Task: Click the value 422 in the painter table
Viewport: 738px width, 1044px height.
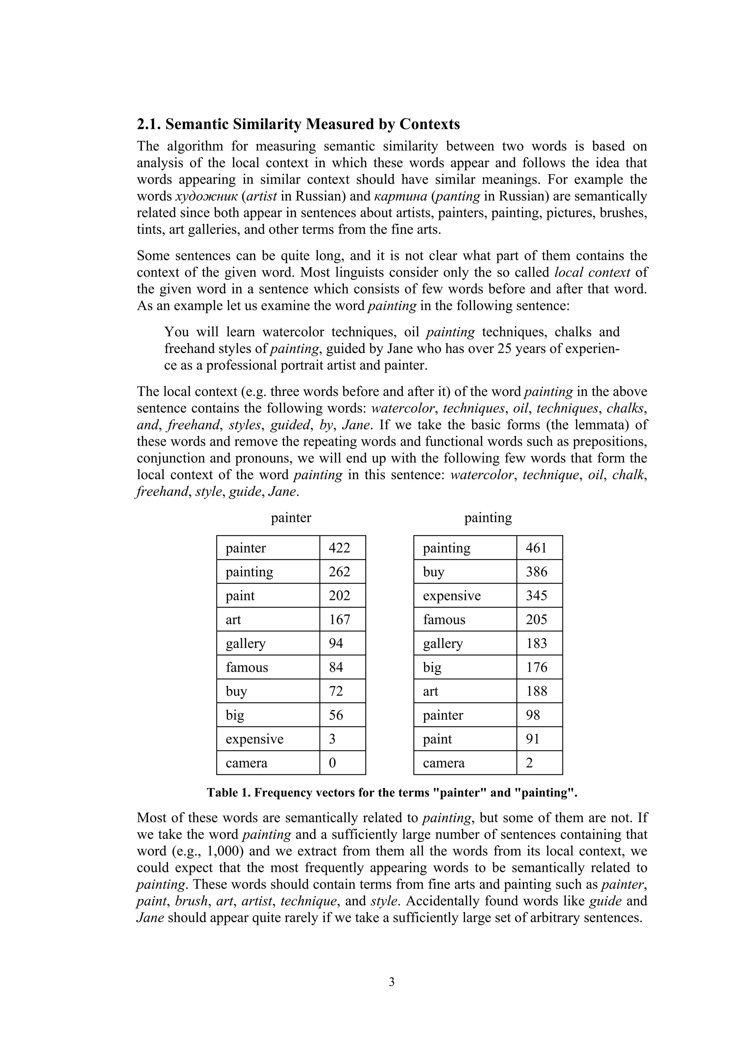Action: (x=339, y=548)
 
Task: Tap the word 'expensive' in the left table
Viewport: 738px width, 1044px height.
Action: (x=254, y=739)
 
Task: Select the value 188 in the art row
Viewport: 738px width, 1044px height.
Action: (x=536, y=691)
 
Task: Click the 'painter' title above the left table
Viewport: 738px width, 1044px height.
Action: (x=291, y=517)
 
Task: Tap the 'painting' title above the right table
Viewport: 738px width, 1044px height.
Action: (x=488, y=517)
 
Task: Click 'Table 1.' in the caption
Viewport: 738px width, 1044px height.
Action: (x=228, y=792)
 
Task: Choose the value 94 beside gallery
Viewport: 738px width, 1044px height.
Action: (x=336, y=643)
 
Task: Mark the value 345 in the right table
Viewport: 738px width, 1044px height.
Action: (x=536, y=596)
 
